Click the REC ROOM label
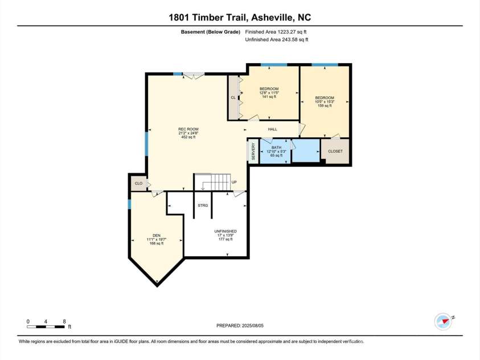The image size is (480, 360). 187,133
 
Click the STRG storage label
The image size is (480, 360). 202,205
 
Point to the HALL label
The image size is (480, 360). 272,130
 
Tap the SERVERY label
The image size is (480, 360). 253,152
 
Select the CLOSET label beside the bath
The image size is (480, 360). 335,152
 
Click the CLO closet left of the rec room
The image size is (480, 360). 138,183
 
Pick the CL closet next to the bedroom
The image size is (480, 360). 233,97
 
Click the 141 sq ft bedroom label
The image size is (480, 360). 269,92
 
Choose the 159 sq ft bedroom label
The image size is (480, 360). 325,101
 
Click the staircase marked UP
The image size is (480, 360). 219,182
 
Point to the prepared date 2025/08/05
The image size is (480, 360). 240,326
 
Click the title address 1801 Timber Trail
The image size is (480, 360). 240,17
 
